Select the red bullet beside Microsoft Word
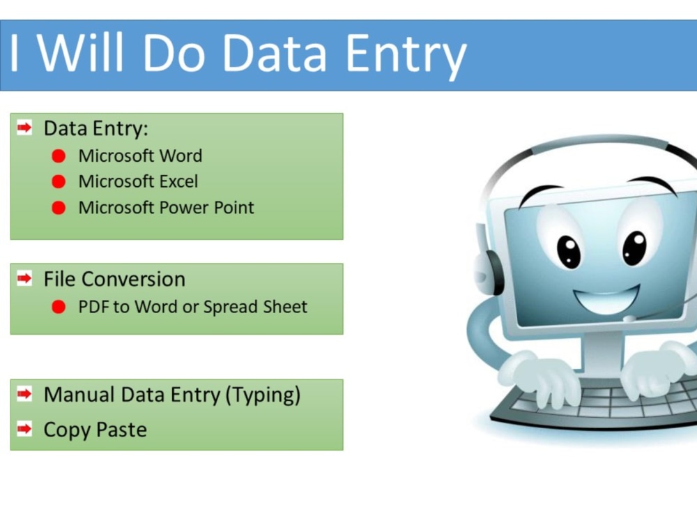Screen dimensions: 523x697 (x=59, y=156)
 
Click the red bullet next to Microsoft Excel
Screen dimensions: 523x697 (x=59, y=182)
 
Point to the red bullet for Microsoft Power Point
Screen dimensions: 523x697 (x=59, y=208)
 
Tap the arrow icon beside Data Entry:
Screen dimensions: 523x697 (x=25, y=128)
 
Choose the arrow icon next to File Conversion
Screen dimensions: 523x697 (x=25, y=279)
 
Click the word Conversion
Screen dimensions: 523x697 (x=143, y=279)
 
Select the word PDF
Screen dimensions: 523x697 (x=93, y=307)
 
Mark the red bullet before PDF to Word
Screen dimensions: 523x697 (x=59, y=307)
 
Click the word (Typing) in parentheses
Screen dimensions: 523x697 (x=263, y=395)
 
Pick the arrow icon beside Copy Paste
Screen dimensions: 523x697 (x=25, y=429)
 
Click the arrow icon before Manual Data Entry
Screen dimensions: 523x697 (x=25, y=395)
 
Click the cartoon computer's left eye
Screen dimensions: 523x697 (x=568, y=251)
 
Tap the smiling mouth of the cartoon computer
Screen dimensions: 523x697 (x=605, y=298)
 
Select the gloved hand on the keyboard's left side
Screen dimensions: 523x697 (x=540, y=377)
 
